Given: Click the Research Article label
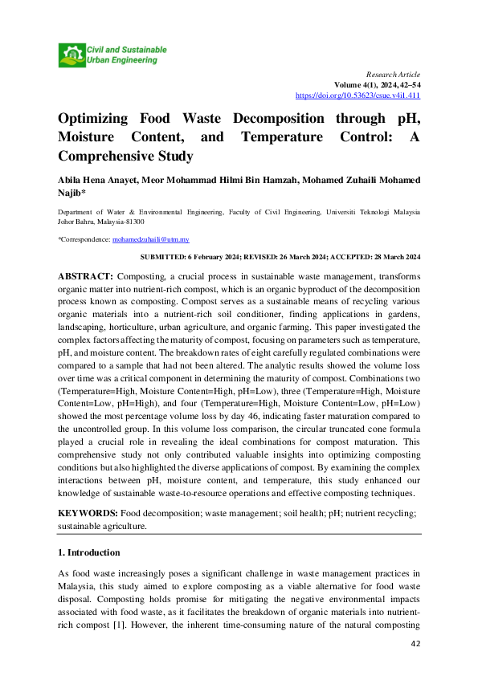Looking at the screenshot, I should (393, 73).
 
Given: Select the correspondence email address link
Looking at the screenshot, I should (150, 239).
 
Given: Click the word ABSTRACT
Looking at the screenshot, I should (87, 275).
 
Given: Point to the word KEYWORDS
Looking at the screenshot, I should (88, 512).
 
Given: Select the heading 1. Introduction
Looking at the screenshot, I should (88, 552).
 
